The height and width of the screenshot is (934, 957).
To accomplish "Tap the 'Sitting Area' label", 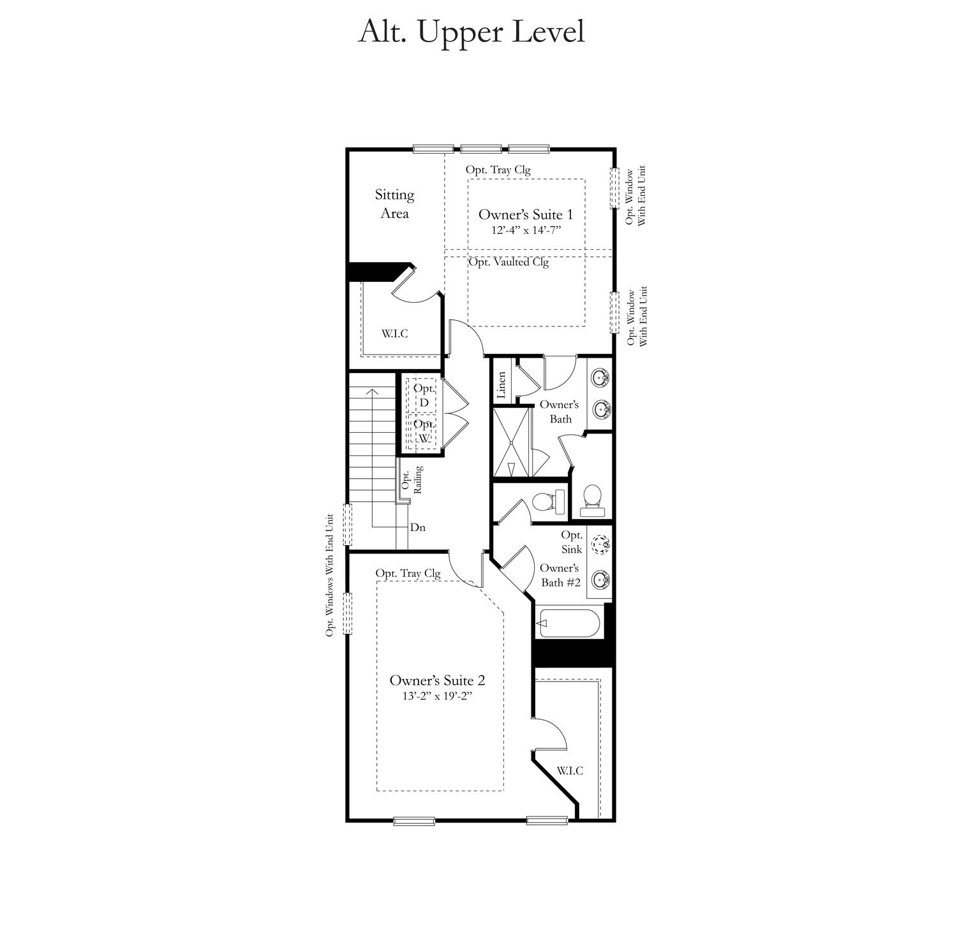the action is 394,204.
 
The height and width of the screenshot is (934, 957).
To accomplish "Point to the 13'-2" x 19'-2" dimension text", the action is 434,696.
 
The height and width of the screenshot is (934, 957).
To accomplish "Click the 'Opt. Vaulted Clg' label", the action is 508,262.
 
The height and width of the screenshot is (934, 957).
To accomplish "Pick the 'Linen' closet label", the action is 501,385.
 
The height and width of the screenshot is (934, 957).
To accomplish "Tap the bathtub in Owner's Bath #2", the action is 568,624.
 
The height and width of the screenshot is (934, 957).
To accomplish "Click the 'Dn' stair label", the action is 418,527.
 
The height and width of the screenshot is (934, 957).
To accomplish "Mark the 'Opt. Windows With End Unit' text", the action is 330,575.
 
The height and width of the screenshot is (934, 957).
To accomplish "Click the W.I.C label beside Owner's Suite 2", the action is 569,771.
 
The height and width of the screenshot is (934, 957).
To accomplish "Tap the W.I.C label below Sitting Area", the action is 395,333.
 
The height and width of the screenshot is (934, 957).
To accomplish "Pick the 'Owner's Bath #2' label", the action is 560,575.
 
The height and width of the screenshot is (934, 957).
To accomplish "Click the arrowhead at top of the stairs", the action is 372,390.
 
